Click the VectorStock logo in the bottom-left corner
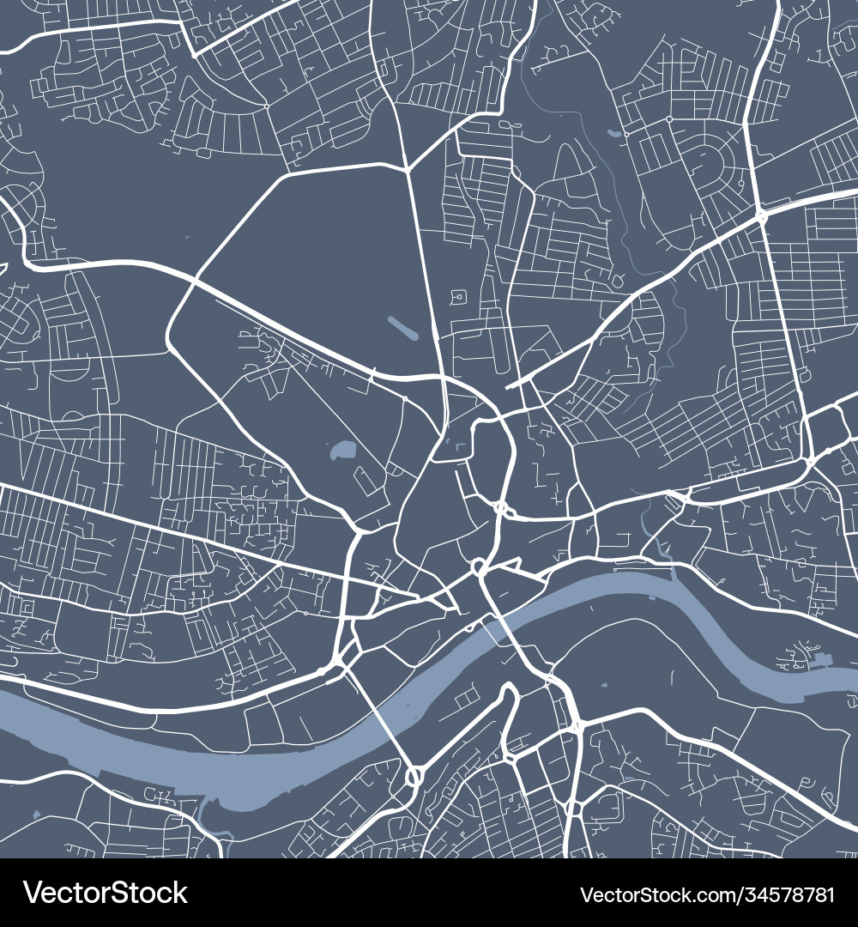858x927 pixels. [x=105, y=893]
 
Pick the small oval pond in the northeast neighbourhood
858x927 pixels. [x=613, y=134]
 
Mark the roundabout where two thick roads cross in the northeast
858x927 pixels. [x=760, y=215]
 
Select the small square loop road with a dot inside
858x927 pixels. [x=457, y=297]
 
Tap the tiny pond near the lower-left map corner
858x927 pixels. [x=35, y=813]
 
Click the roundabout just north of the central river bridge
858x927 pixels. [x=480, y=567]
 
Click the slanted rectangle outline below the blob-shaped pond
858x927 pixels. [x=364, y=482]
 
